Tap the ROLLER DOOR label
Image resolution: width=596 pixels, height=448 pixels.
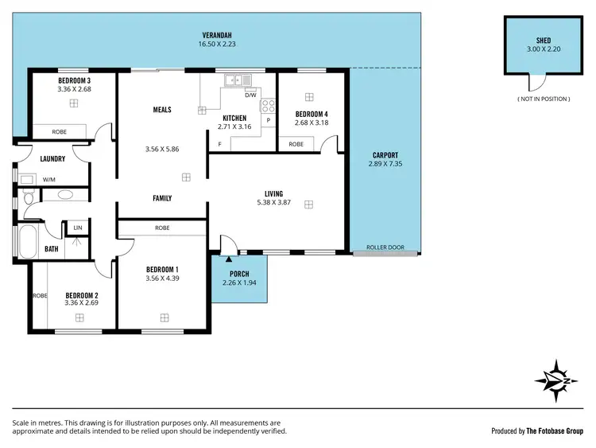point(385,247)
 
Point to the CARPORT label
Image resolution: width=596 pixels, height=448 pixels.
point(385,155)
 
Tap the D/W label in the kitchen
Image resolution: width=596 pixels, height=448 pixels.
point(250,95)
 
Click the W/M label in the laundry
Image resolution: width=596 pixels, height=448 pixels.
point(48,179)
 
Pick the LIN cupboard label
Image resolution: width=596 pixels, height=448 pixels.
point(77,228)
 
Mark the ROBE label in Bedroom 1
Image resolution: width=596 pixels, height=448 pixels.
point(162,228)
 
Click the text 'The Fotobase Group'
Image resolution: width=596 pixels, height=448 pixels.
point(555,430)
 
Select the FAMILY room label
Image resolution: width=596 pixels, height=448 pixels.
point(162,198)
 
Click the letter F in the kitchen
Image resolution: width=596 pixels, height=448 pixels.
point(219,144)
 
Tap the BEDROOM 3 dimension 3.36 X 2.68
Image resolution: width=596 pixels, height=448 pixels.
point(74,89)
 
